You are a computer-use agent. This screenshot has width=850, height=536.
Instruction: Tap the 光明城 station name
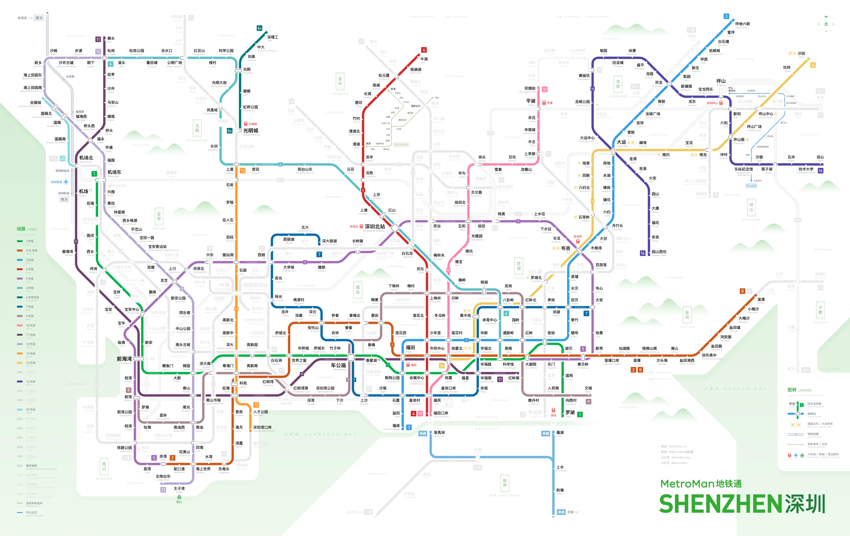(x=251, y=131)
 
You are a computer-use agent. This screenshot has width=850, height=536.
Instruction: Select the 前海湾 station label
(x=124, y=359)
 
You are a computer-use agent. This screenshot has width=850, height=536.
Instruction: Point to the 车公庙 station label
(x=338, y=365)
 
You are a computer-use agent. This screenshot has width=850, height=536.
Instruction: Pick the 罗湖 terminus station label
(x=570, y=412)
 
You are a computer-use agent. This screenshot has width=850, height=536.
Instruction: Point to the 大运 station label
(x=621, y=142)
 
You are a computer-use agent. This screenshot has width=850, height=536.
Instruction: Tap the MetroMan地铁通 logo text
(x=701, y=484)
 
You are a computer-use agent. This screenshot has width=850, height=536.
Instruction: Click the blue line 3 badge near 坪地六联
(x=726, y=16)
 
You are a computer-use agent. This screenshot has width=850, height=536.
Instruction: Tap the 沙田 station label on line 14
(x=801, y=53)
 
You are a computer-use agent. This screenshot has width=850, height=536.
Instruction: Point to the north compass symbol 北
(x=826, y=24)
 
